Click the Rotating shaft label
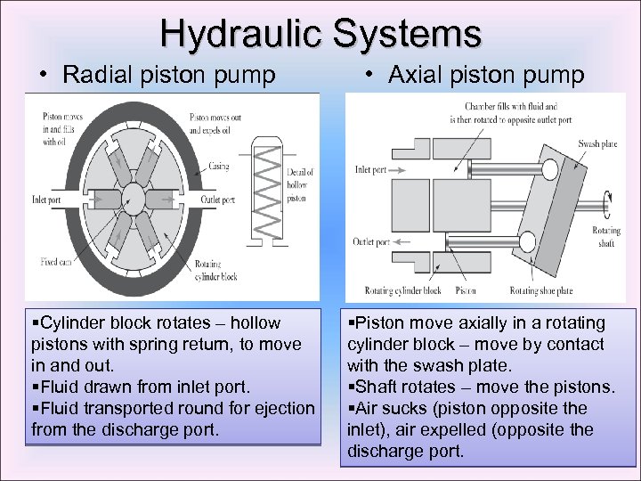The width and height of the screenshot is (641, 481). [x=606, y=235]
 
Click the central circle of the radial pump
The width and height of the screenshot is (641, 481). [x=135, y=197]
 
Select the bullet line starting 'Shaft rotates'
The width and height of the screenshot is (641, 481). [x=481, y=387]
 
